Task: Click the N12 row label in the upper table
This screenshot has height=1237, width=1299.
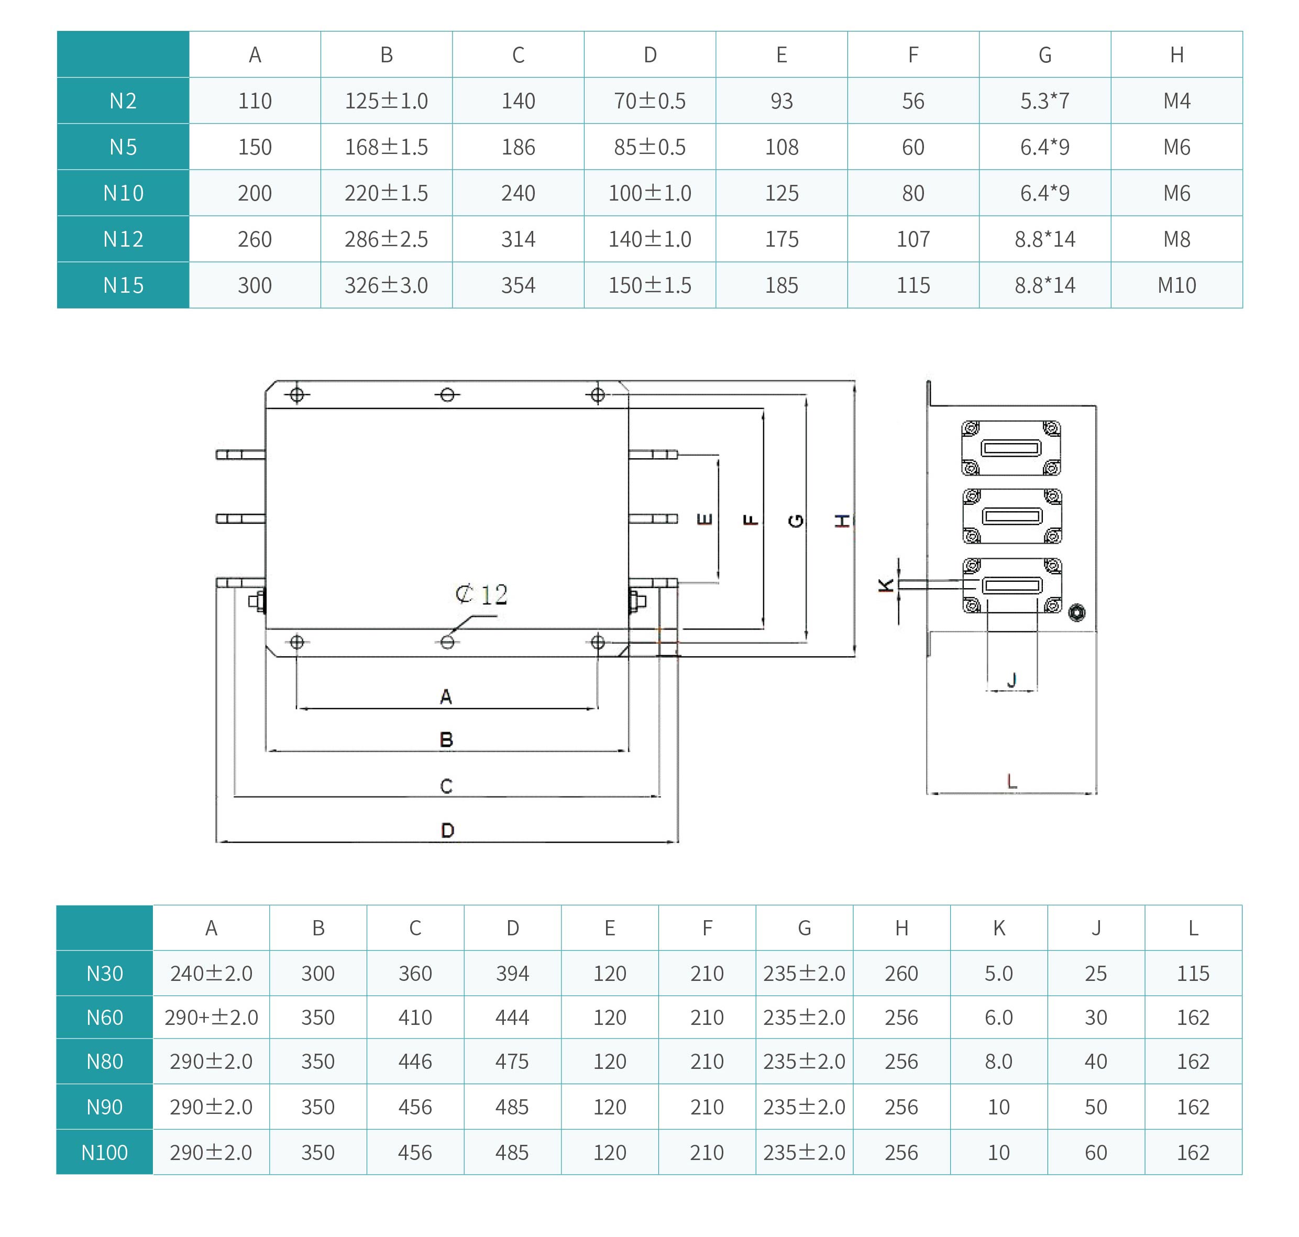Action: pos(123,239)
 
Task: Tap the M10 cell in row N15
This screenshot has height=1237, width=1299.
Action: pos(1176,285)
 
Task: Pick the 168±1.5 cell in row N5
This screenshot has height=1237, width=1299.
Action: pos(387,147)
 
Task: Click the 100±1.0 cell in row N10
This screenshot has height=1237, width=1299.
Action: pos(649,193)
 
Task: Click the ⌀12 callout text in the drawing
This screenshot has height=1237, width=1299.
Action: pos(481,595)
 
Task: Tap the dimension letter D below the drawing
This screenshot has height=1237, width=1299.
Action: pos(447,830)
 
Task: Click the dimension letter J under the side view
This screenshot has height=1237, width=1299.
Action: pos(1012,679)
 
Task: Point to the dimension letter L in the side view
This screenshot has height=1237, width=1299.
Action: pos(1012,781)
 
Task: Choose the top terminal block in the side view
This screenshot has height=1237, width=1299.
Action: pos(1011,448)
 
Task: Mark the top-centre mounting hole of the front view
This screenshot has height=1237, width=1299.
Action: pos(447,395)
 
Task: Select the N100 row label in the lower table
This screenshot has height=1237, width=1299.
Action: pos(104,1152)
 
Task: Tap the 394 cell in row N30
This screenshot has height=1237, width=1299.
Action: pos(512,973)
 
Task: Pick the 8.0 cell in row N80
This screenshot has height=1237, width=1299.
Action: pos(998,1061)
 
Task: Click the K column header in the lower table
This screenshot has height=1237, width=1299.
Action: pos(998,928)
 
